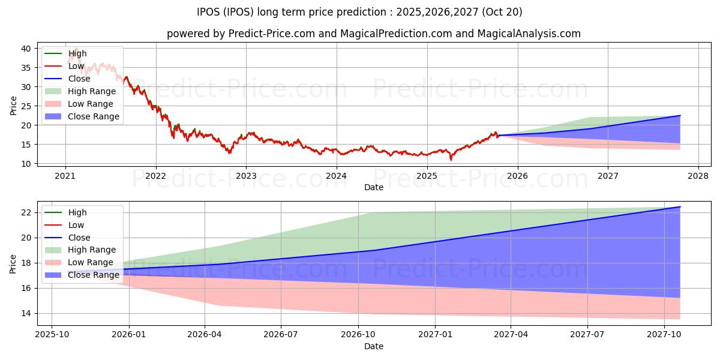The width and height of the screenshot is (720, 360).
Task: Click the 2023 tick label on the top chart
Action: tap(246, 176)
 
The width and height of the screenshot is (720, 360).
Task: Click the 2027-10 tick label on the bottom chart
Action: tap(664, 335)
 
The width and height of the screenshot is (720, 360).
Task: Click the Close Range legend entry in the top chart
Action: tap(93, 116)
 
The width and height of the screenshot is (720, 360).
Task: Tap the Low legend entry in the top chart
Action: tap(76, 66)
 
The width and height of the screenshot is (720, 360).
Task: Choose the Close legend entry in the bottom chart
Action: tap(79, 238)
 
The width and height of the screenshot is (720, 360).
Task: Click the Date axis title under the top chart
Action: tap(374, 187)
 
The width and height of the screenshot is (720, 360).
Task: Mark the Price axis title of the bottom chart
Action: tap(13, 263)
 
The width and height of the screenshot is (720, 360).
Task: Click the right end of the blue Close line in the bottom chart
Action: tap(680, 207)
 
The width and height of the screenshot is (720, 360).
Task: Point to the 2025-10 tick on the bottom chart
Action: tap(52, 335)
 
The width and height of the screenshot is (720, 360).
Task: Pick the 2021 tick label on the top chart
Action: tap(65, 176)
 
